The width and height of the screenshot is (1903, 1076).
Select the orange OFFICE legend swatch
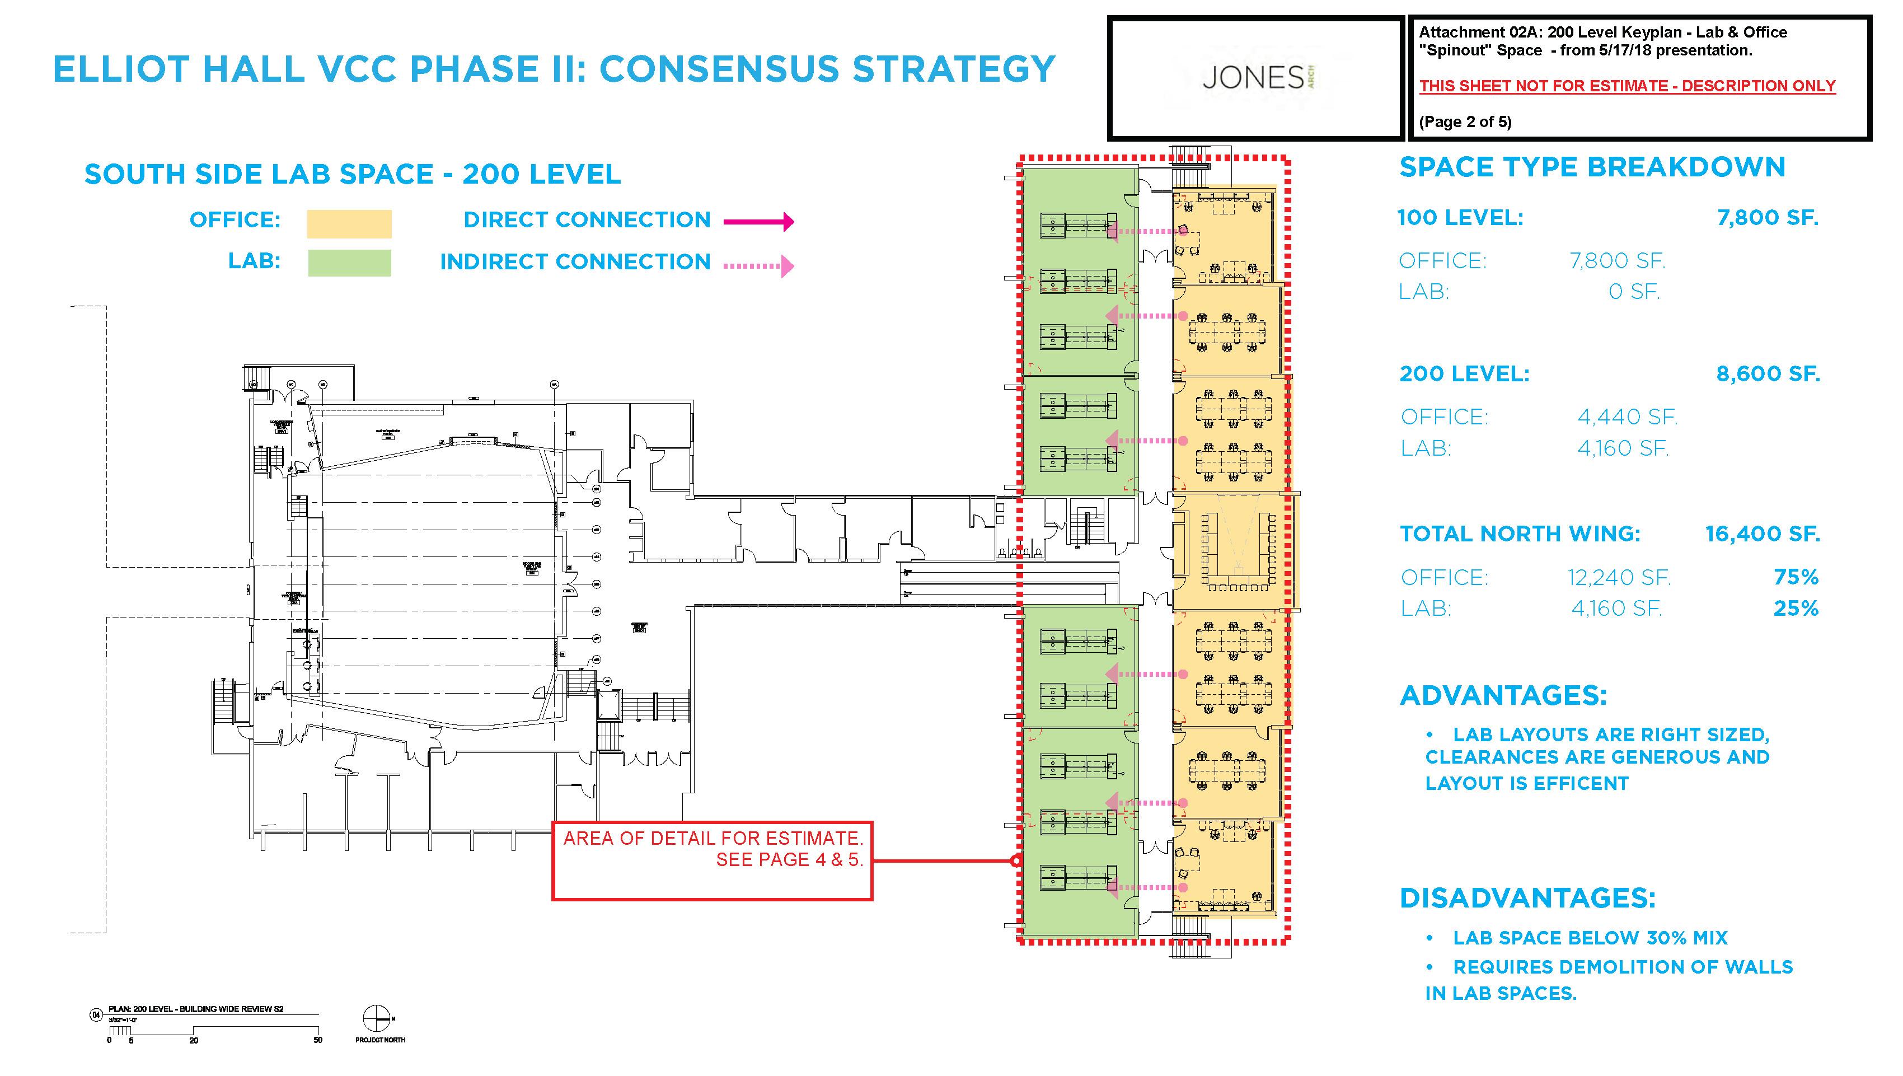point(349,223)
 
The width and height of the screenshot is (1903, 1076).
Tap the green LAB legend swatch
point(349,263)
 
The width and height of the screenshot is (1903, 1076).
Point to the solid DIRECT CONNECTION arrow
point(758,221)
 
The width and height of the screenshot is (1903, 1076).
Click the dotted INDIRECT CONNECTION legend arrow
point(758,265)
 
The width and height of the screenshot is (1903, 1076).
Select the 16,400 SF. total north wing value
point(1762,534)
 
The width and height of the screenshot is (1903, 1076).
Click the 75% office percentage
point(1796,577)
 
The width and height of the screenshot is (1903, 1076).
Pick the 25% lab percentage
point(1796,608)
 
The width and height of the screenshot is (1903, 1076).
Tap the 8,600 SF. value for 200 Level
point(1767,374)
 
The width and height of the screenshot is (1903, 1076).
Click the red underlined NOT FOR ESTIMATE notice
point(1627,86)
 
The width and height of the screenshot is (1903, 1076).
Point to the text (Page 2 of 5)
point(1465,122)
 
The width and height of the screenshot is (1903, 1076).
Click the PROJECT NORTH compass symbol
point(377,1018)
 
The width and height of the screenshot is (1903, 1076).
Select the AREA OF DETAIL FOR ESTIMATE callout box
point(712,860)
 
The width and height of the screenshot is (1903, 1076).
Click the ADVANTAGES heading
point(1503,695)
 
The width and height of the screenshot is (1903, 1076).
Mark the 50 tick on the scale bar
point(318,1040)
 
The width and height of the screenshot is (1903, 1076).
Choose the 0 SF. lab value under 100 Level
point(1634,292)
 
